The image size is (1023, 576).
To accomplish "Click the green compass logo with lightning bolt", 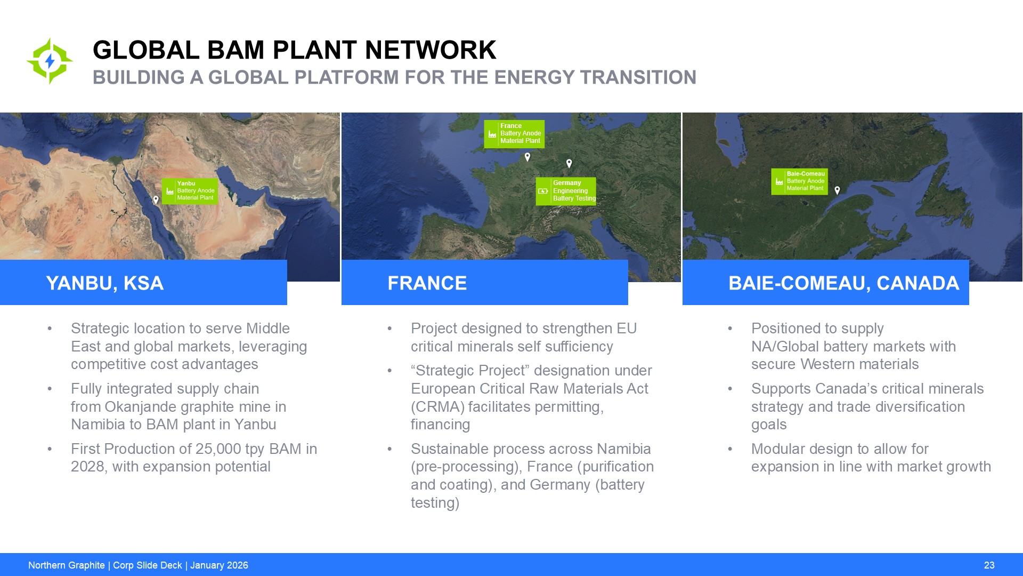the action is click(50, 61).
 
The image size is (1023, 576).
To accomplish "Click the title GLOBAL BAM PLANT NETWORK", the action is click(294, 50).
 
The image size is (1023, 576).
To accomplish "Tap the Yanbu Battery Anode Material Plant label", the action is click(190, 191).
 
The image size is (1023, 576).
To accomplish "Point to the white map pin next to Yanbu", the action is click(156, 200).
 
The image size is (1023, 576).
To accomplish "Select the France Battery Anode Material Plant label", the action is click(514, 134).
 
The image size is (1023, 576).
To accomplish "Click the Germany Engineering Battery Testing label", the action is click(566, 191).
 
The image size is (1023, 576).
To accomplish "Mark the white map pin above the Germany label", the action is click(569, 164).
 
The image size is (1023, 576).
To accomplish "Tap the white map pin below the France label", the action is click(527, 157).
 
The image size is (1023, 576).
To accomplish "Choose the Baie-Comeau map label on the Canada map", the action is click(799, 181).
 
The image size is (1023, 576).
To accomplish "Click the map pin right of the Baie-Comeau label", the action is click(837, 190).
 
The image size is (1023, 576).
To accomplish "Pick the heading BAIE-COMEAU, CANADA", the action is click(844, 283).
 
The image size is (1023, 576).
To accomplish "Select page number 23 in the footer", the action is click(989, 565).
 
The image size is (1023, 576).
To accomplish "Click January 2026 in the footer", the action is click(219, 565).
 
